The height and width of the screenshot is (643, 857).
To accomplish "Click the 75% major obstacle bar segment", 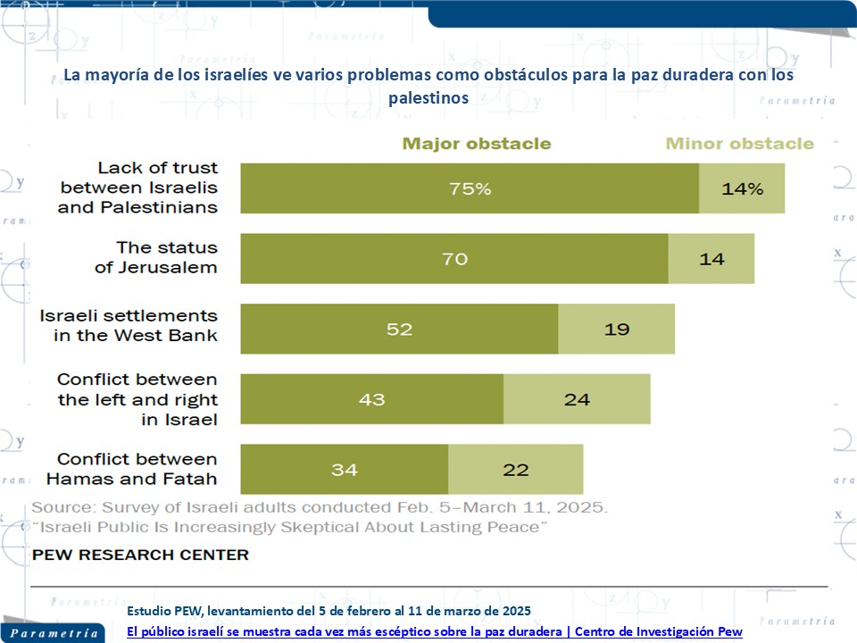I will pos(470,188).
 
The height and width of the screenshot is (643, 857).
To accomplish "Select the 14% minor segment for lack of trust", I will pos(742,188).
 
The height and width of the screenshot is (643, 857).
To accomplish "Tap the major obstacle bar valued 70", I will pos(454,259).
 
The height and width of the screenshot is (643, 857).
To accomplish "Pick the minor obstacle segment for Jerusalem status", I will pos(711,259).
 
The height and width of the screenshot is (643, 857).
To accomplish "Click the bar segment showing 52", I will pos(399,329).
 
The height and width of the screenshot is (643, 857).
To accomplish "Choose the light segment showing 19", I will pos(616,329).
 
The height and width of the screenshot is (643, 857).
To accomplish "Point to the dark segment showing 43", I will pos(371,399).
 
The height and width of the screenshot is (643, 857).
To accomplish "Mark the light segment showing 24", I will pos(577,399).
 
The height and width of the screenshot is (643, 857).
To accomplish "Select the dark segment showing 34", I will pos(344,469).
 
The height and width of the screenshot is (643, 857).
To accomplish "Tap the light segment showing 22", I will pos(515,469).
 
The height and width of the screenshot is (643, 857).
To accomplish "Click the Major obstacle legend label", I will pos(477,144).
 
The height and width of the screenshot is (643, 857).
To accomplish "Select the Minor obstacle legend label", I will pos(740,144).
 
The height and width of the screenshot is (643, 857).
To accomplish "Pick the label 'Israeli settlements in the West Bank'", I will pos(129,326).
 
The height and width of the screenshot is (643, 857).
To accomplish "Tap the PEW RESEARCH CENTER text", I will pos(140,555).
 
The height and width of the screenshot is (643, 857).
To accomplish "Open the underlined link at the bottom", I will pos(435,631).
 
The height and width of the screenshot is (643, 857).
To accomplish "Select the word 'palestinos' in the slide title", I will pos(428,99).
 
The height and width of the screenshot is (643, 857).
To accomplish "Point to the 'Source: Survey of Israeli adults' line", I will pos(320,507).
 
